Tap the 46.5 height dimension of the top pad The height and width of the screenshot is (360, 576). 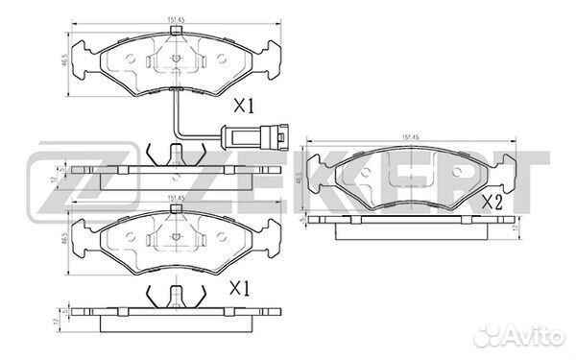(x=65, y=60)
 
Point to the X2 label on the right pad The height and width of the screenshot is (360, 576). (x=492, y=203)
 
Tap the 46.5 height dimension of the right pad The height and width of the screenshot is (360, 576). (x=300, y=180)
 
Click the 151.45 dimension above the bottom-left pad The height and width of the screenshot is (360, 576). (x=175, y=198)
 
